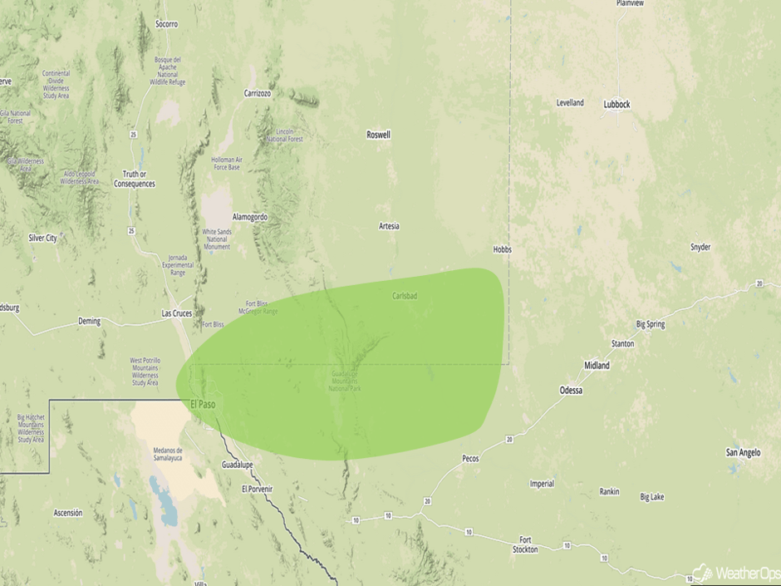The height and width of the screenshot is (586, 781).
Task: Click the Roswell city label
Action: point(378,135)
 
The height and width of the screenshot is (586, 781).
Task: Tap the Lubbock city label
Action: point(616,104)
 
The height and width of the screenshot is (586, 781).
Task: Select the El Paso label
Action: point(204,404)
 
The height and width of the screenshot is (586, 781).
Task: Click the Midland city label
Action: point(597,366)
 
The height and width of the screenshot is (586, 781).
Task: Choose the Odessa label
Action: point(571,390)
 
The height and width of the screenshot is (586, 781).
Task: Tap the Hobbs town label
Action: point(502,249)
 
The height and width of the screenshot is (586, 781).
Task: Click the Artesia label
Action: point(389,226)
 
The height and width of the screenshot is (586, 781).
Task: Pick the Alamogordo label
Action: point(250,217)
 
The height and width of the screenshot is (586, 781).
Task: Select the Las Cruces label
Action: point(177,313)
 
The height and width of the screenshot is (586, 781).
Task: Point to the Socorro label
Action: point(166,24)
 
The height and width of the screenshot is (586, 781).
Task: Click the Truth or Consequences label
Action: point(134,179)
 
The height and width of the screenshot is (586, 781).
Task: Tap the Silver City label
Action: point(42,238)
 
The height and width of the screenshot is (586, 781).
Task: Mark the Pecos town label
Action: point(470,458)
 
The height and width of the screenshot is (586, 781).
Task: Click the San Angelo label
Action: point(743,452)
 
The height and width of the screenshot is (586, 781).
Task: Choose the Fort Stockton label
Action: point(525,544)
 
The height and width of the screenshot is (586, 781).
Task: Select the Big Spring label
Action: point(650,324)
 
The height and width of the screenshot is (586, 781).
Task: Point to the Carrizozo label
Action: point(258,93)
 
